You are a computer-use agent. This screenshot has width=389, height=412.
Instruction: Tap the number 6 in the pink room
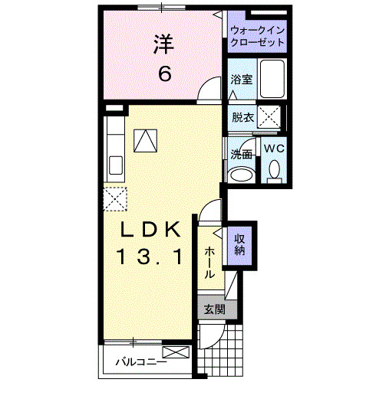(x=164, y=74)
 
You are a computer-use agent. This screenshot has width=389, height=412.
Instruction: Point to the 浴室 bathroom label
(x=242, y=79)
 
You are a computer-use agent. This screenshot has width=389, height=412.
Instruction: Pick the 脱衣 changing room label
(x=242, y=117)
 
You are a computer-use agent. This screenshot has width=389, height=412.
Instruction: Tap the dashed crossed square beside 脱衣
(x=269, y=116)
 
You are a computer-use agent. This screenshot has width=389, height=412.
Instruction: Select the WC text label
(x=274, y=149)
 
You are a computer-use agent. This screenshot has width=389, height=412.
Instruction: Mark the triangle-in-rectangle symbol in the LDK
(x=144, y=140)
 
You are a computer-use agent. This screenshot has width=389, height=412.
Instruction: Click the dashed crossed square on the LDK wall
(x=115, y=198)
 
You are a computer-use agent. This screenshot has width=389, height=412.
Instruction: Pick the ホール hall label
(x=209, y=263)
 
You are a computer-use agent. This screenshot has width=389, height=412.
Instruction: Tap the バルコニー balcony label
(x=141, y=361)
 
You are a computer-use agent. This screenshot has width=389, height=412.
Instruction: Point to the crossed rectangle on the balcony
(x=174, y=354)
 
